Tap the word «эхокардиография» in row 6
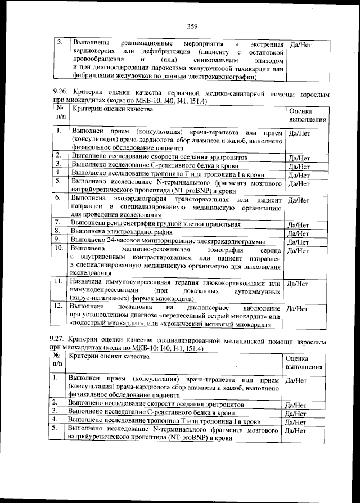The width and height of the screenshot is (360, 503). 137,200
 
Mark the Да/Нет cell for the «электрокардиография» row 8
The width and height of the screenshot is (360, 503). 299,233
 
